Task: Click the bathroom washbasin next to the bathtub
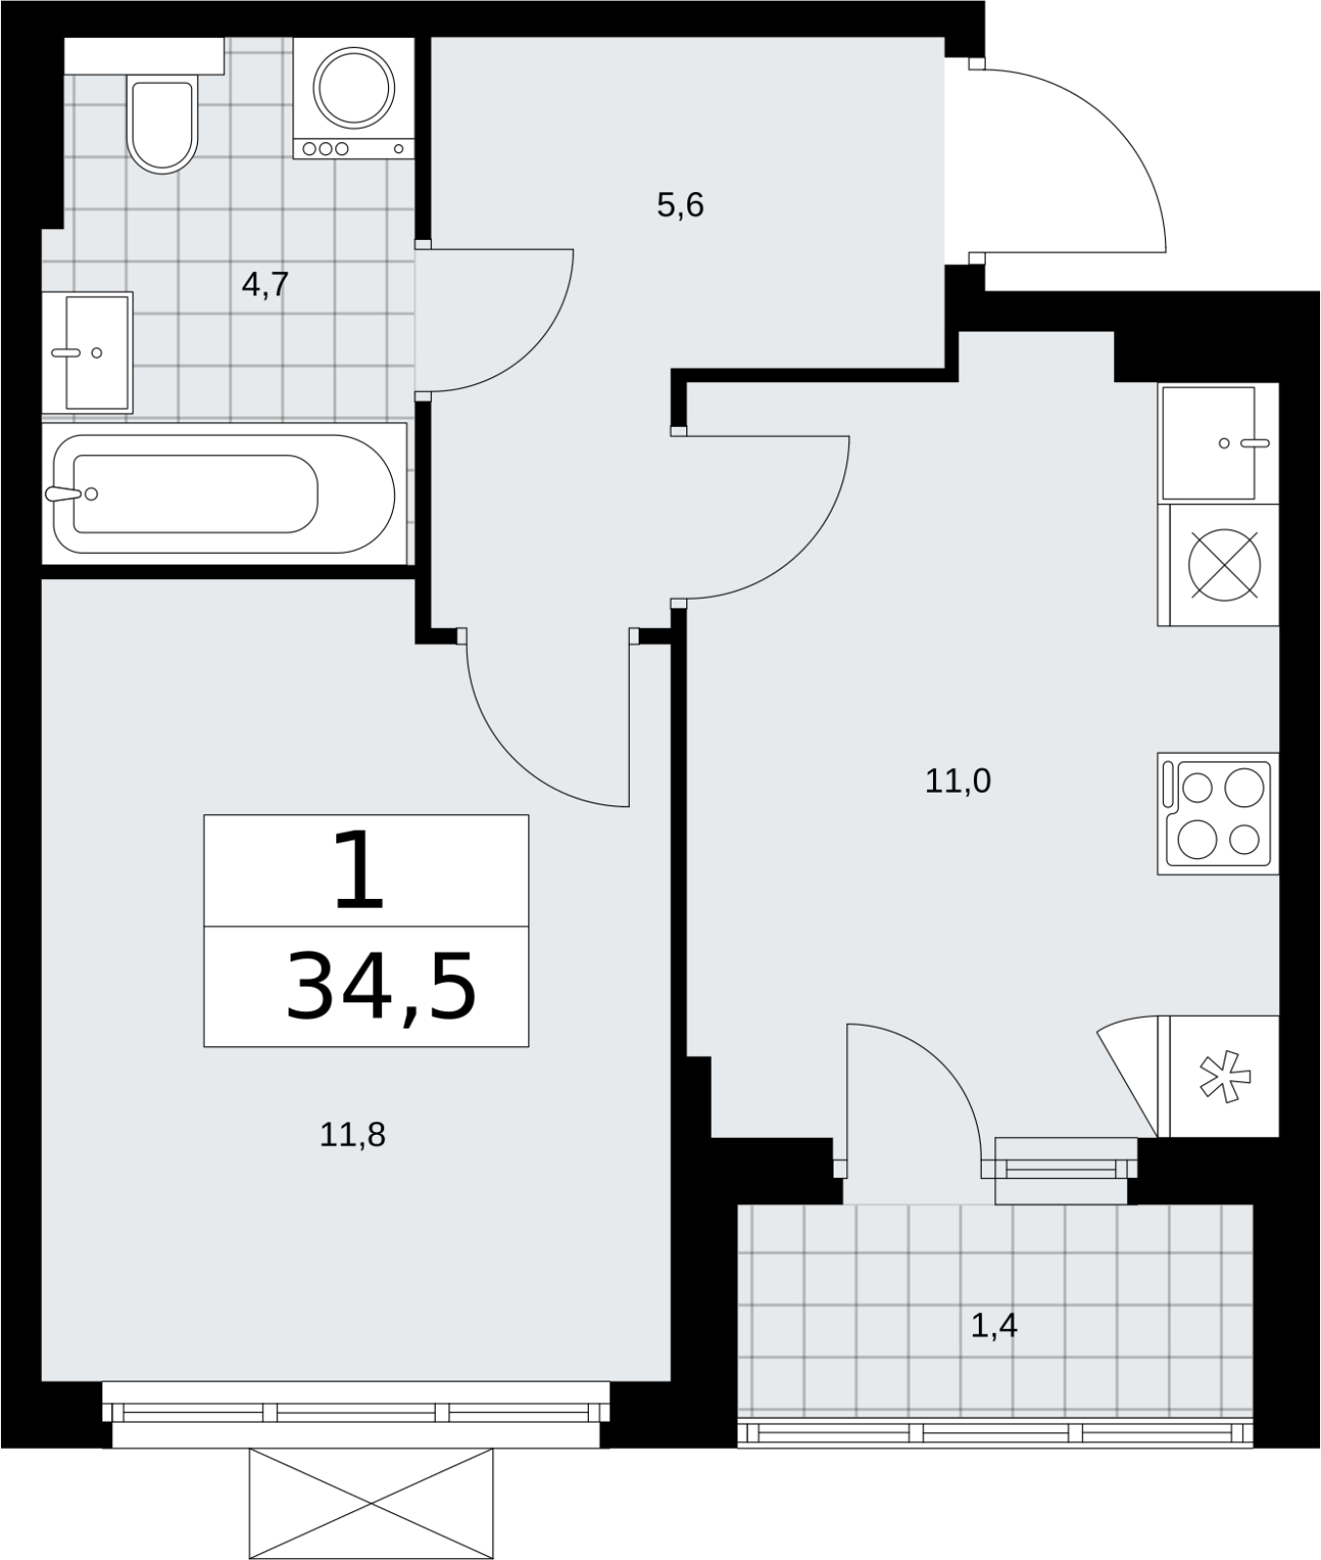click(87, 351)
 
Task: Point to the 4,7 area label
click(265, 286)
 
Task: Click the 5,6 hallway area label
click(680, 206)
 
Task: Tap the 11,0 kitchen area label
click(957, 781)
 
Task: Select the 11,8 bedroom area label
click(353, 1134)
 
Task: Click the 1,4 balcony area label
click(994, 1326)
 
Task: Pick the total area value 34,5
click(380, 988)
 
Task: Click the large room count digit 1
click(360, 871)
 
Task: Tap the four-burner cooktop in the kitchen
click(1218, 813)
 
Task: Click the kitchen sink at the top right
click(1218, 443)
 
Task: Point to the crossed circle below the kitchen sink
click(1224, 565)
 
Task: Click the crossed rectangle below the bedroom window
click(371, 1503)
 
